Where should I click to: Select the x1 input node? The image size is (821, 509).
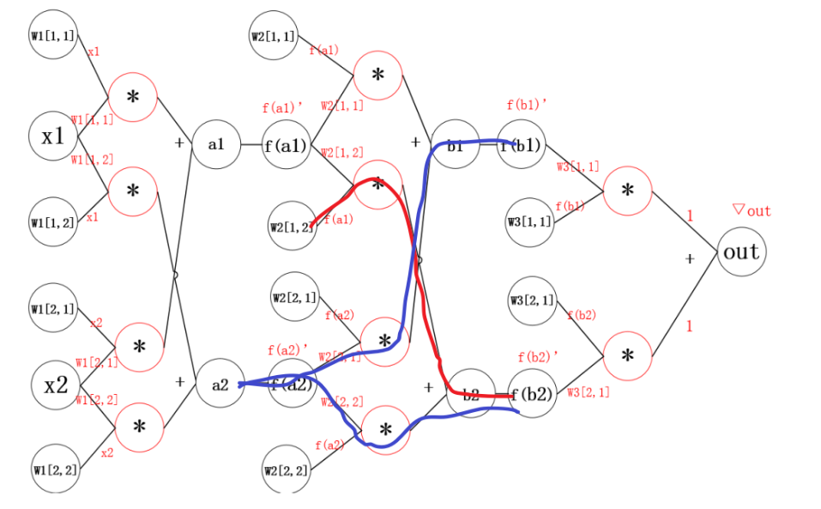click(x=53, y=136)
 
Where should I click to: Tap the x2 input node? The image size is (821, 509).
click(x=56, y=385)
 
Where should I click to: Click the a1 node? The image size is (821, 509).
click(x=214, y=144)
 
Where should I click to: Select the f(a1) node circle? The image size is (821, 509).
click(x=286, y=145)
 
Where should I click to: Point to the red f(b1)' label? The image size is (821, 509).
click(x=527, y=106)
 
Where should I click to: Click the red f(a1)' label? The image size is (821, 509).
click(x=283, y=108)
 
